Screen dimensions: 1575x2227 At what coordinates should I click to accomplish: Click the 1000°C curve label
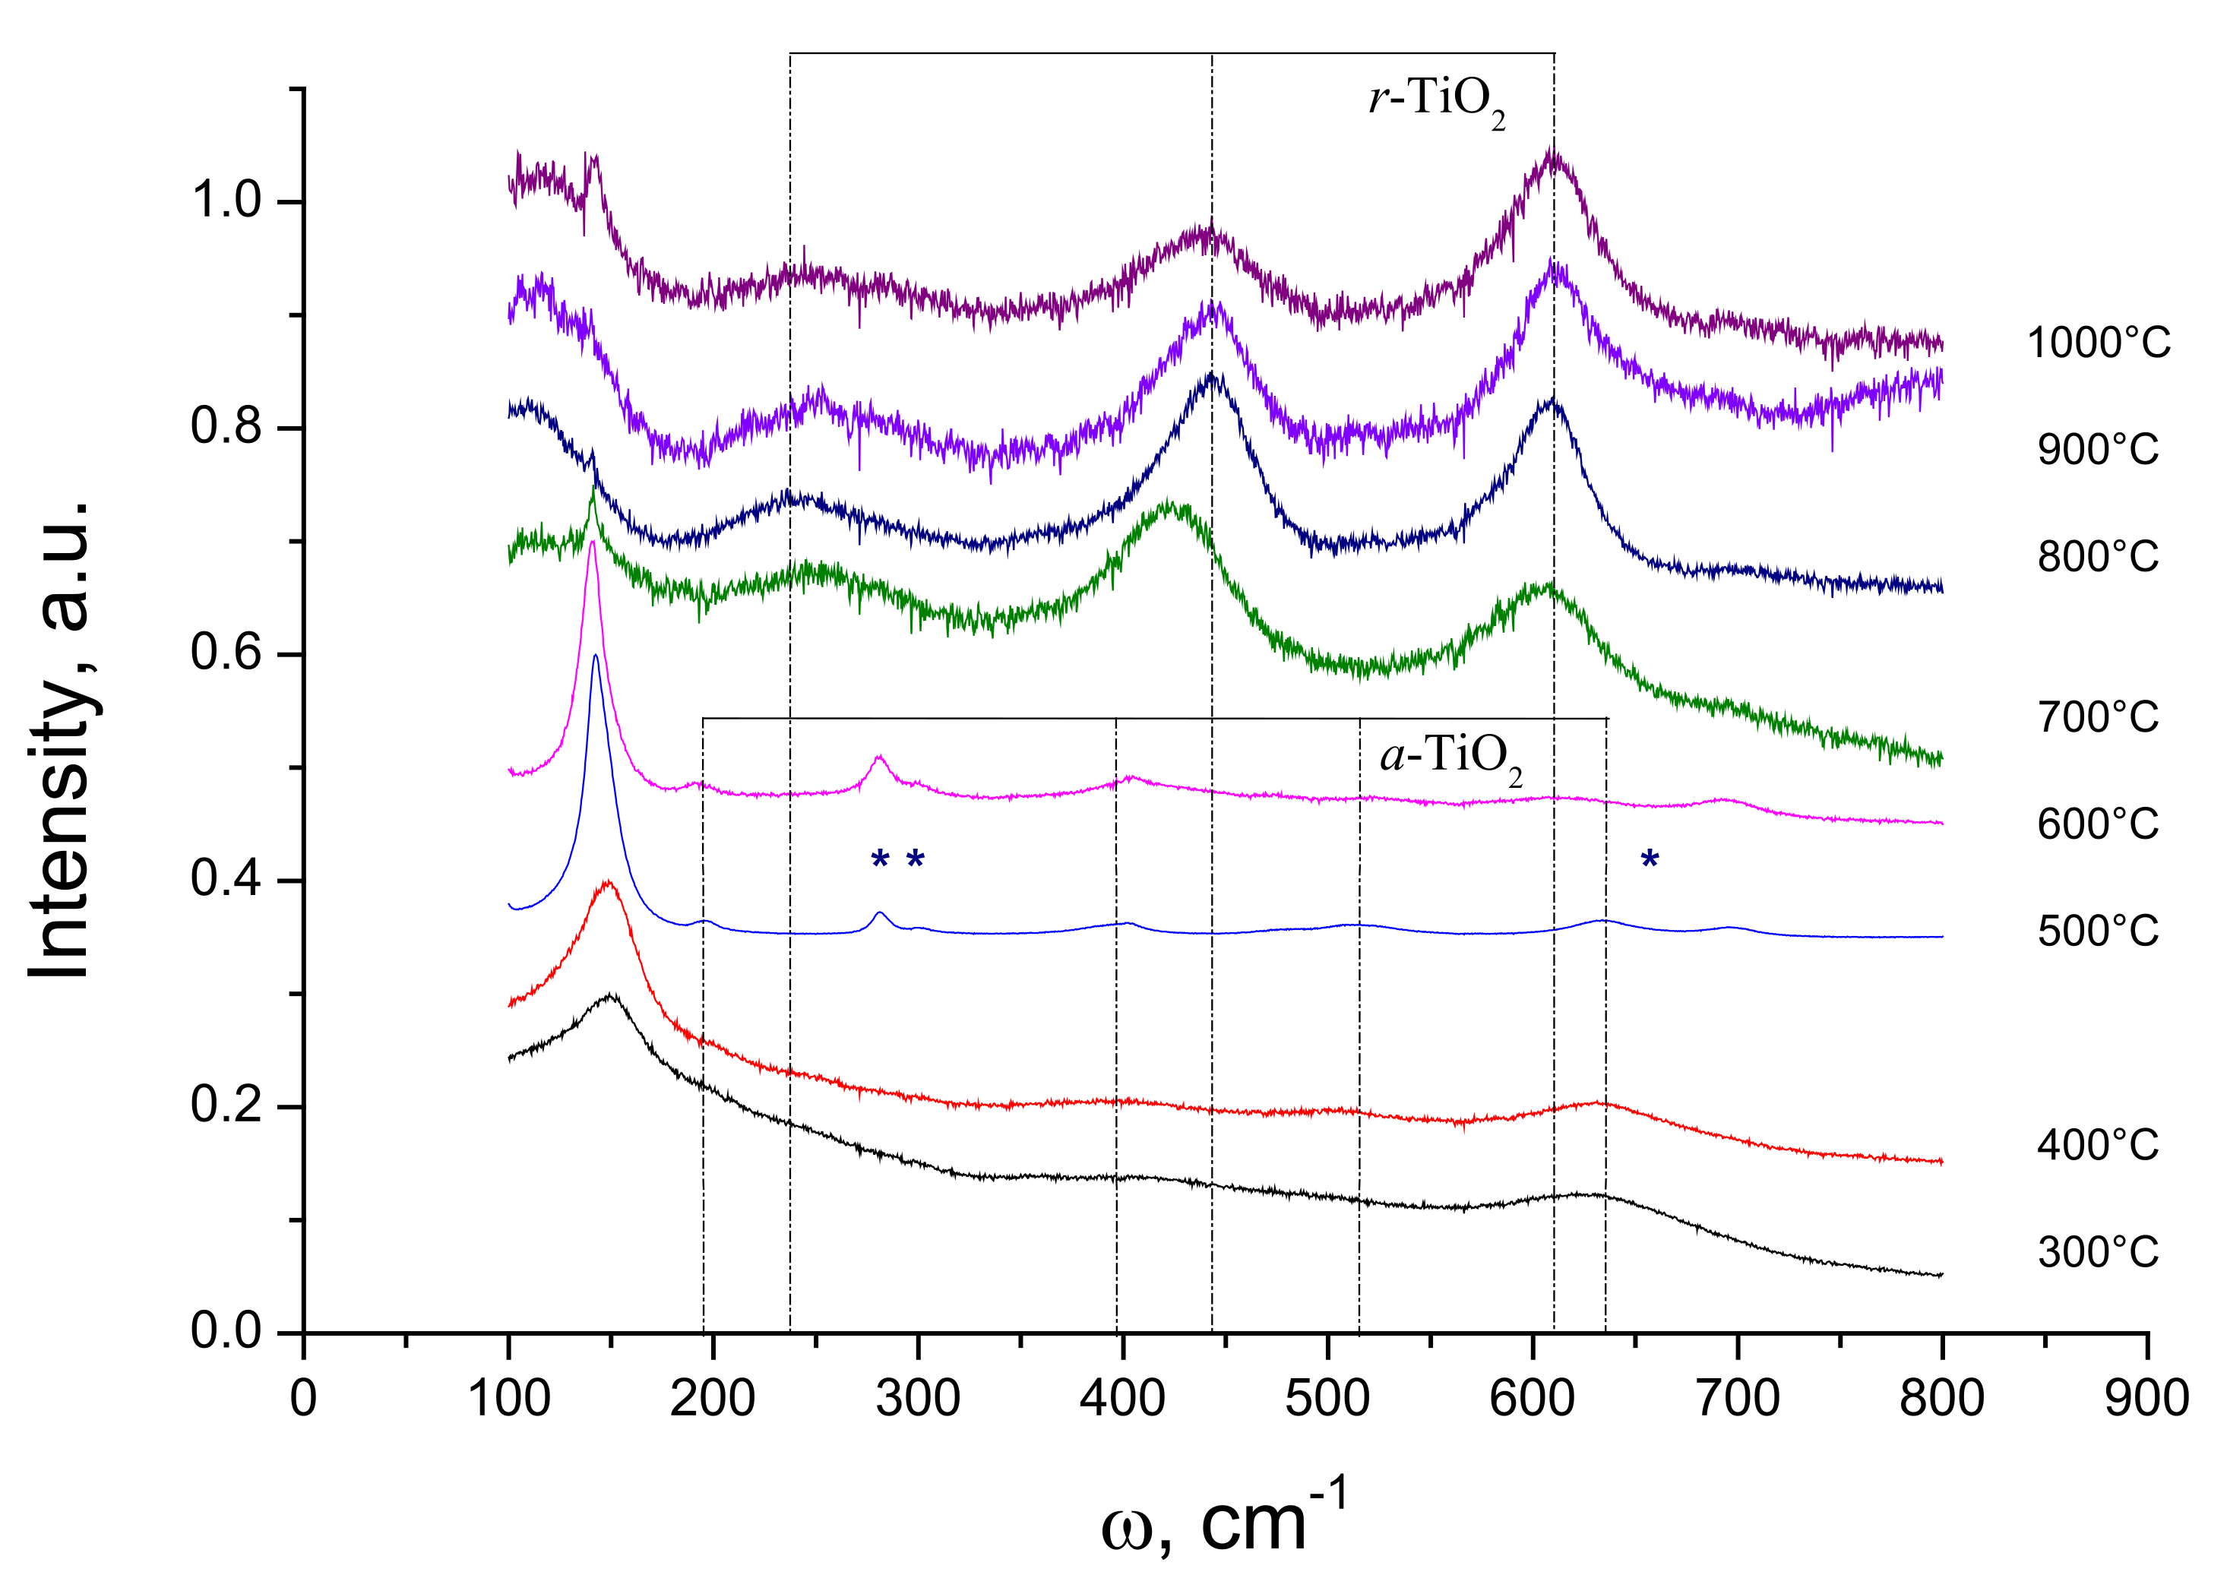click(x=2098, y=343)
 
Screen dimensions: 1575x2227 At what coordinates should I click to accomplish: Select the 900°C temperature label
click(x=2097, y=450)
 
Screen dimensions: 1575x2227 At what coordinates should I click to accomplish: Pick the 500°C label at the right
click(x=2097, y=931)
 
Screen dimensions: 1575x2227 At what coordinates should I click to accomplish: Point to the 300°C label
click(x=2097, y=1252)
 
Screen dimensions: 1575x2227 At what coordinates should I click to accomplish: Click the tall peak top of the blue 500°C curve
click(x=595, y=656)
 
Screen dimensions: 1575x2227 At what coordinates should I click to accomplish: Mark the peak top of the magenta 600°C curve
click(x=592, y=542)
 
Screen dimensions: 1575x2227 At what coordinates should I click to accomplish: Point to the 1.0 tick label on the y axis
click(x=226, y=201)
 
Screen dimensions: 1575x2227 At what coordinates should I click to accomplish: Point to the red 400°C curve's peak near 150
click(x=608, y=883)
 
